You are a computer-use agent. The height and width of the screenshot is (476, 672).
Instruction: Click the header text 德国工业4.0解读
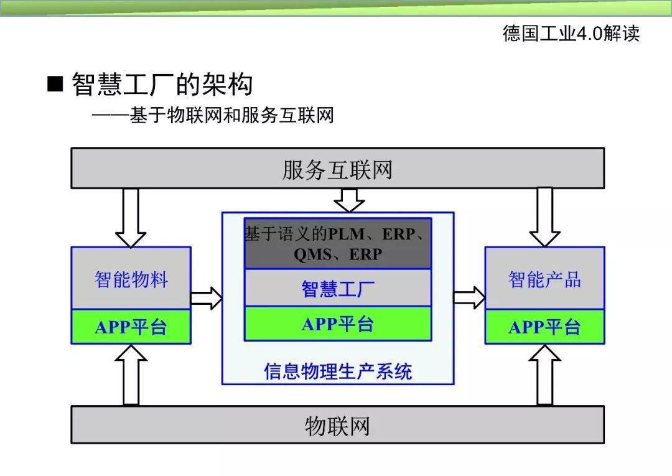coord(571,33)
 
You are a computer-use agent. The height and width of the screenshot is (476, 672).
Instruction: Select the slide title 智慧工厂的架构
coord(162,84)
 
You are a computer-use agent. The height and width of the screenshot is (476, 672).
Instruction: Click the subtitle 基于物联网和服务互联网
coord(231,115)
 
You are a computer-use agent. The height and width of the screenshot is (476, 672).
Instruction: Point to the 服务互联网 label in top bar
coord(337,169)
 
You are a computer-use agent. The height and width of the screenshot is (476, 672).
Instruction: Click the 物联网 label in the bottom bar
coord(337,426)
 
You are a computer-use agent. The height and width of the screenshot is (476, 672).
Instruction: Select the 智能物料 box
coord(131,279)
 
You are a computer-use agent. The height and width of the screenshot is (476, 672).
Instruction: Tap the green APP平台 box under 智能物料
coord(131,327)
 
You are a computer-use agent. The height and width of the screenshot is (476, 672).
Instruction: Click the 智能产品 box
coord(544,279)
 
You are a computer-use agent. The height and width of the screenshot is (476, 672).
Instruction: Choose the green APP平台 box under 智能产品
coord(544,327)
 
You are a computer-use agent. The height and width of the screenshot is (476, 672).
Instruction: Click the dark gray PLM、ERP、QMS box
coord(337,243)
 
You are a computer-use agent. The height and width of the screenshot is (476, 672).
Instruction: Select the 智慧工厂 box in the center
coord(337,288)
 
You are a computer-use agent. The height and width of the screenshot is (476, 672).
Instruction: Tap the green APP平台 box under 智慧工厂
coord(337,324)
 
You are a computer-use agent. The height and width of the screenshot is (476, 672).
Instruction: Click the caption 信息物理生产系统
coord(337,371)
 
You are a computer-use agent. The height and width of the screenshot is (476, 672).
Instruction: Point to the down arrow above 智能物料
coord(131,218)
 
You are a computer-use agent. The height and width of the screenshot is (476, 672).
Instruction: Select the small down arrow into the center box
coord(349,200)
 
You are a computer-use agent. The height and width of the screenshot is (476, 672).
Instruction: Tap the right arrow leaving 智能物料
coord(206,298)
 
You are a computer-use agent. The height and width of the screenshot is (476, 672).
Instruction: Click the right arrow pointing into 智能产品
coord(469,297)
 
